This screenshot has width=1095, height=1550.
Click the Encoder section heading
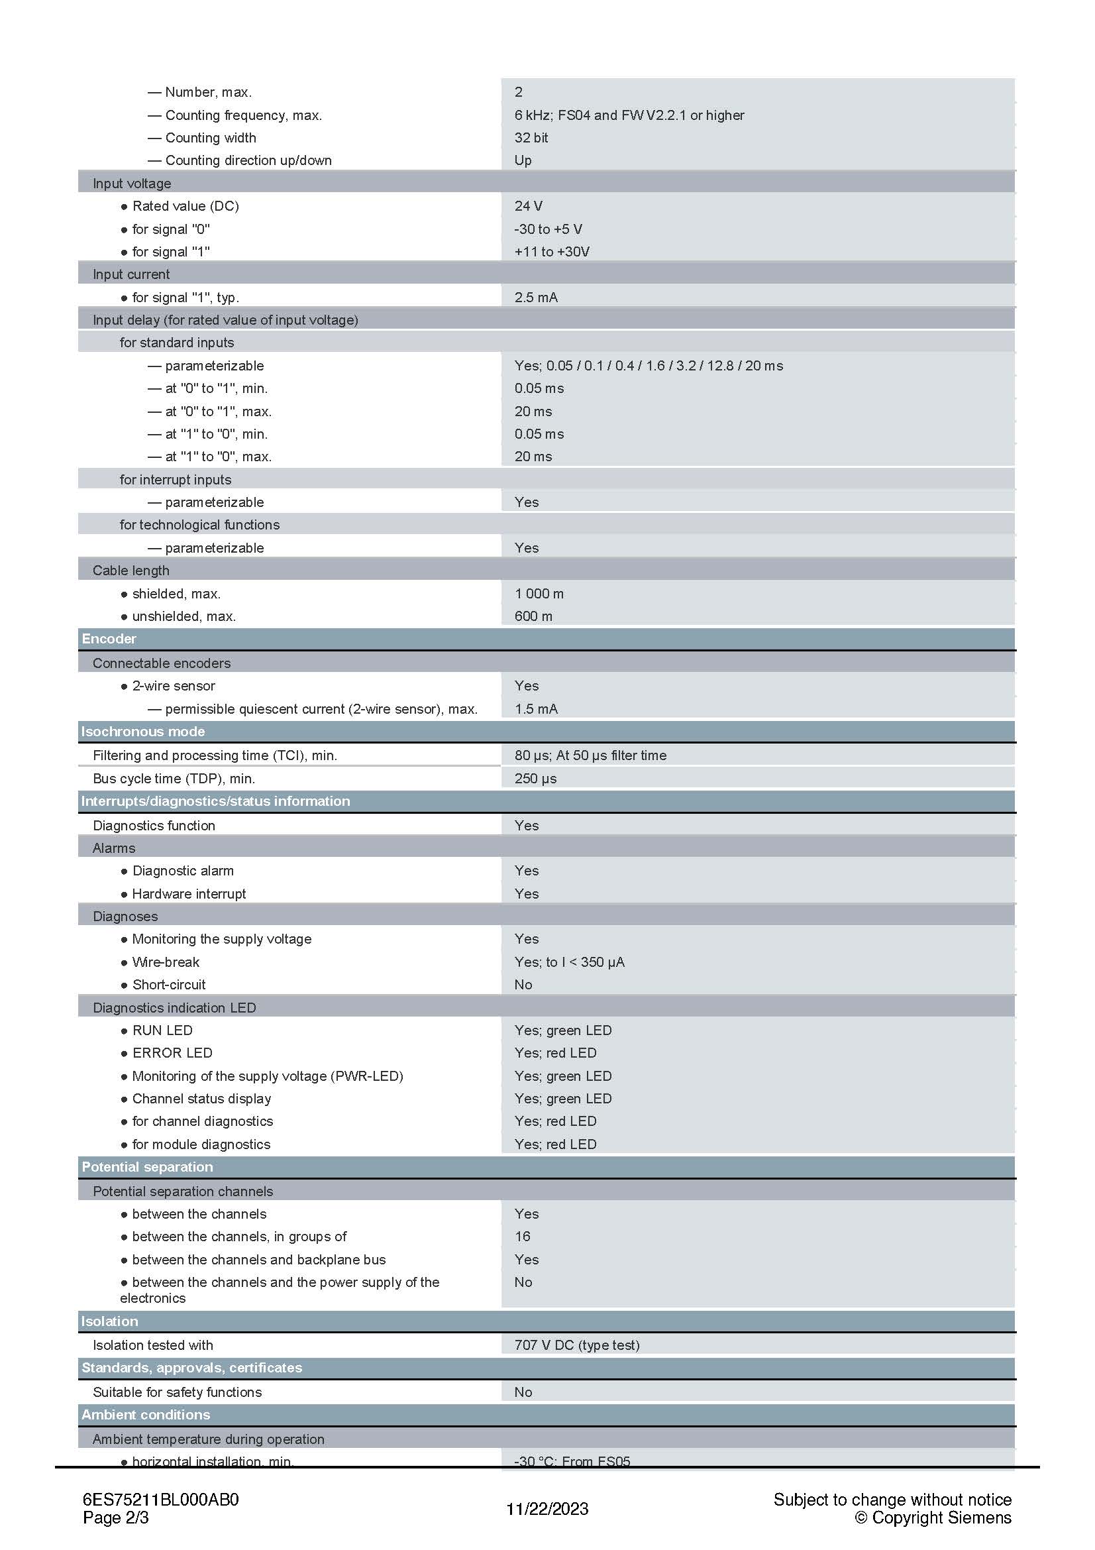click(x=109, y=639)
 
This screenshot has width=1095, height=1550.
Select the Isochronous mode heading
click(x=142, y=731)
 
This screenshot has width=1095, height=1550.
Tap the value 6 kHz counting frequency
click(x=629, y=115)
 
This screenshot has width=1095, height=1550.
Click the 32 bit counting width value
click(x=531, y=138)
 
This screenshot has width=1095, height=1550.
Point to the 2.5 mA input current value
click(x=536, y=297)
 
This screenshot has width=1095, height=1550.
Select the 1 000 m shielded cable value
click(x=539, y=593)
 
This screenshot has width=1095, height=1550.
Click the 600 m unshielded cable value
click(x=533, y=616)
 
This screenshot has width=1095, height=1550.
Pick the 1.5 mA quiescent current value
click(x=536, y=709)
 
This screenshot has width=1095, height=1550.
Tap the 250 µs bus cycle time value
click(x=535, y=779)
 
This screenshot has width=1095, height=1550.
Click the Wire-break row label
click(x=166, y=962)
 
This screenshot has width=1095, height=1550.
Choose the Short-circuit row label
click(x=169, y=984)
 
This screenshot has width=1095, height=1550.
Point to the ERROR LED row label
click(x=172, y=1052)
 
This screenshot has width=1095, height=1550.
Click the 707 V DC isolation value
click(x=576, y=1345)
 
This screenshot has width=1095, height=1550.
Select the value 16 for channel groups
click(x=522, y=1236)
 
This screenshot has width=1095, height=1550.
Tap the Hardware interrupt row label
click(x=189, y=894)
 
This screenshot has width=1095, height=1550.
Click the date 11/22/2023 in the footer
click(x=547, y=1509)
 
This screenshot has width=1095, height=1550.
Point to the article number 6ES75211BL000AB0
click(x=160, y=1500)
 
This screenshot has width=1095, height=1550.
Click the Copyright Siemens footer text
click(x=933, y=1518)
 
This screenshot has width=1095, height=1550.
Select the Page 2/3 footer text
click(x=115, y=1518)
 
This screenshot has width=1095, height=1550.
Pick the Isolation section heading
click(x=109, y=1321)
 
